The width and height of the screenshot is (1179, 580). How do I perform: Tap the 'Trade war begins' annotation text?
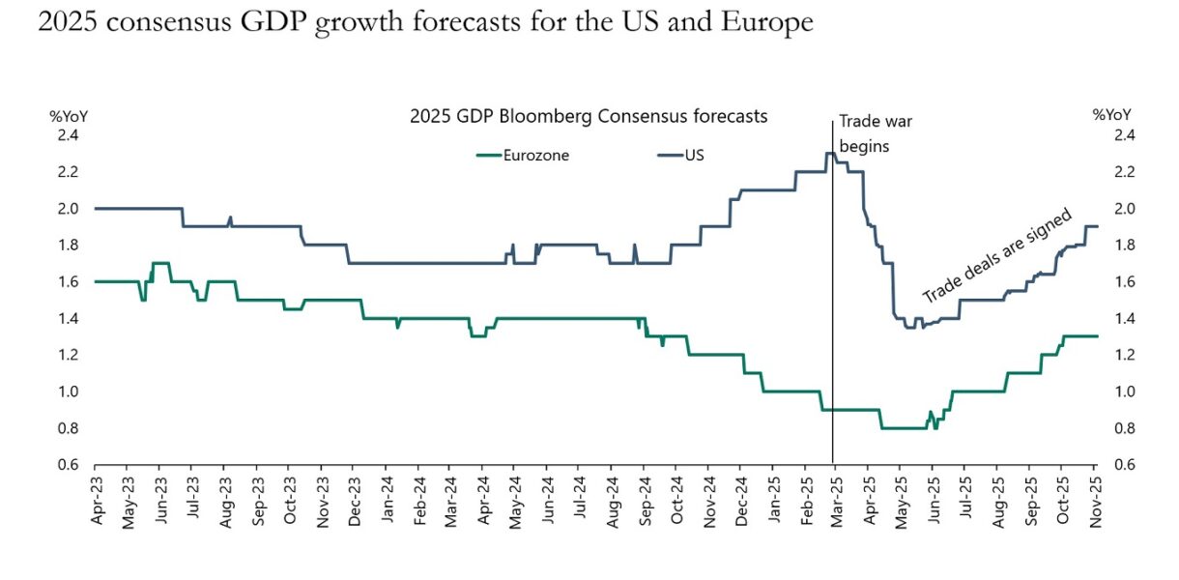click(x=876, y=134)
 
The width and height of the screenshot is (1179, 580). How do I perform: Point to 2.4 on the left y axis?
click(x=67, y=134)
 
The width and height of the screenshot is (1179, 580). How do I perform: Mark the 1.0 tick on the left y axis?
click(x=67, y=391)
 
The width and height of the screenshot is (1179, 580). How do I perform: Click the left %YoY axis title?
click(x=69, y=116)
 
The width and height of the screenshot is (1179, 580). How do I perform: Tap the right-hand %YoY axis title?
click(x=1112, y=116)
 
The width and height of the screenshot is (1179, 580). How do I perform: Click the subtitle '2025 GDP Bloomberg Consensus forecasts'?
click(x=589, y=116)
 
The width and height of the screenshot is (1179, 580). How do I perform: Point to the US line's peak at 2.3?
click(x=829, y=153)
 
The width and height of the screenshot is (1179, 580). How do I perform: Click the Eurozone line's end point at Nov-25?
click(x=1097, y=336)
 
